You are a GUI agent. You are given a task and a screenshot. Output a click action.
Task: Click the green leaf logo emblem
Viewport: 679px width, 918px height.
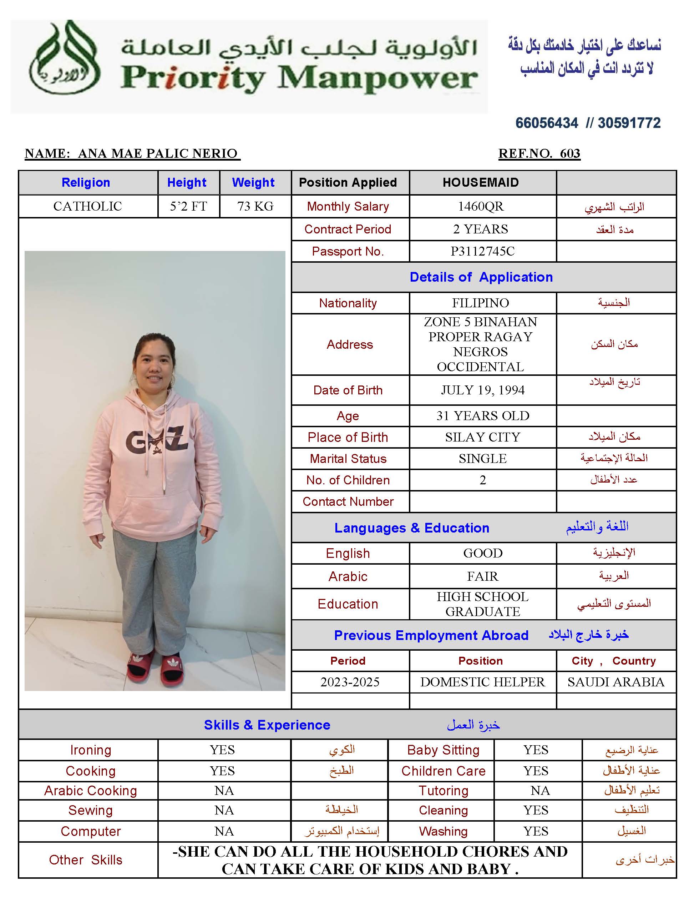click(65, 57)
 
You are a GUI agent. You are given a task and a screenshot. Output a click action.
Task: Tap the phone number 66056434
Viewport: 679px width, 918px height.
click(546, 123)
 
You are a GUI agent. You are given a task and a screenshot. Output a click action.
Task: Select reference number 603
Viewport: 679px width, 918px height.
click(570, 153)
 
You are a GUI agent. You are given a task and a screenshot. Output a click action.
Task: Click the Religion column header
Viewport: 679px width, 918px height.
click(86, 182)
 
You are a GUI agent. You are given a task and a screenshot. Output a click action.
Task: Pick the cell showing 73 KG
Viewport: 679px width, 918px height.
click(255, 206)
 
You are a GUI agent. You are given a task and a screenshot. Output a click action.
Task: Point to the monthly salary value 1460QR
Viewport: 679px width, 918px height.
click(481, 206)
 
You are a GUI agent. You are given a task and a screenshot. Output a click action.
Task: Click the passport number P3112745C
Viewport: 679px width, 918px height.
click(482, 251)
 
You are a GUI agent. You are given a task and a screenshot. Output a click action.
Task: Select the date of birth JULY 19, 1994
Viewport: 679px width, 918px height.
click(482, 390)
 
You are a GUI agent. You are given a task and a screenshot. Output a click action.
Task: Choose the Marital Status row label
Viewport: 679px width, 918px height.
click(348, 458)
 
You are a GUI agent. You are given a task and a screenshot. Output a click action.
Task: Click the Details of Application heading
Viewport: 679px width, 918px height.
click(481, 277)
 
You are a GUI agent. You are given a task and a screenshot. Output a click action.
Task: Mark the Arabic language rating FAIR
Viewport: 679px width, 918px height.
click(482, 576)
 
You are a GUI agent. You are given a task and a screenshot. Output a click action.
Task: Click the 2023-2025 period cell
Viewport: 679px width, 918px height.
click(350, 682)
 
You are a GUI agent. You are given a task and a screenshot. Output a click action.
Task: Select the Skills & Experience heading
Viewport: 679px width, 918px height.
click(267, 725)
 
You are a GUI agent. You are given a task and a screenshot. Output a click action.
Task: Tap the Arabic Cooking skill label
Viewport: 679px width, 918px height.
click(90, 791)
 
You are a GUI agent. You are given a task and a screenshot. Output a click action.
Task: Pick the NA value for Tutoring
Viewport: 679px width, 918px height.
click(539, 791)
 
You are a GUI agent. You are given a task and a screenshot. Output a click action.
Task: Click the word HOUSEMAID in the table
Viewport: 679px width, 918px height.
click(481, 182)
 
